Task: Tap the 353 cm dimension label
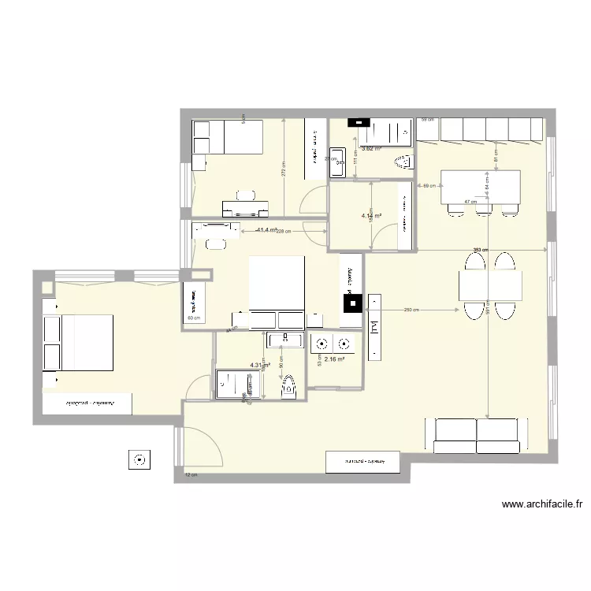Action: pyautogui.click(x=478, y=251)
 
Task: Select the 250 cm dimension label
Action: pyautogui.click(x=411, y=310)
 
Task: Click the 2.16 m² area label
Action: pyautogui.click(x=336, y=359)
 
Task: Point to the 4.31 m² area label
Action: pyautogui.click(x=260, y=366)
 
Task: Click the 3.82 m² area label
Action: pyautogui.click(x=371, y=148)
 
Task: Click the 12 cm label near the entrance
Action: pyautogui.click(x=190, y=475)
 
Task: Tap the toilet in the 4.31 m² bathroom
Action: pyautogui.click(x=288, y=386)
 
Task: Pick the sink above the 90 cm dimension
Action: pyautogui.click(x=284, y=340)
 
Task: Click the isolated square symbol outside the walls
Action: pyautogui.click(x=139, y=459)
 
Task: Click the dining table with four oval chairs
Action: pyautogui.click(x=490, y=285)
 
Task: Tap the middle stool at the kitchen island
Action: pyautogui.click(x=481, y=208)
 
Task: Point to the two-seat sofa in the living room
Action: pyautogui.click(x=476, y=436)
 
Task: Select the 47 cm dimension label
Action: pyautogui.click(x=470, y=202)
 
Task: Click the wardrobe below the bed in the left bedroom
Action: pyautogui.click(x=91, y=403)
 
